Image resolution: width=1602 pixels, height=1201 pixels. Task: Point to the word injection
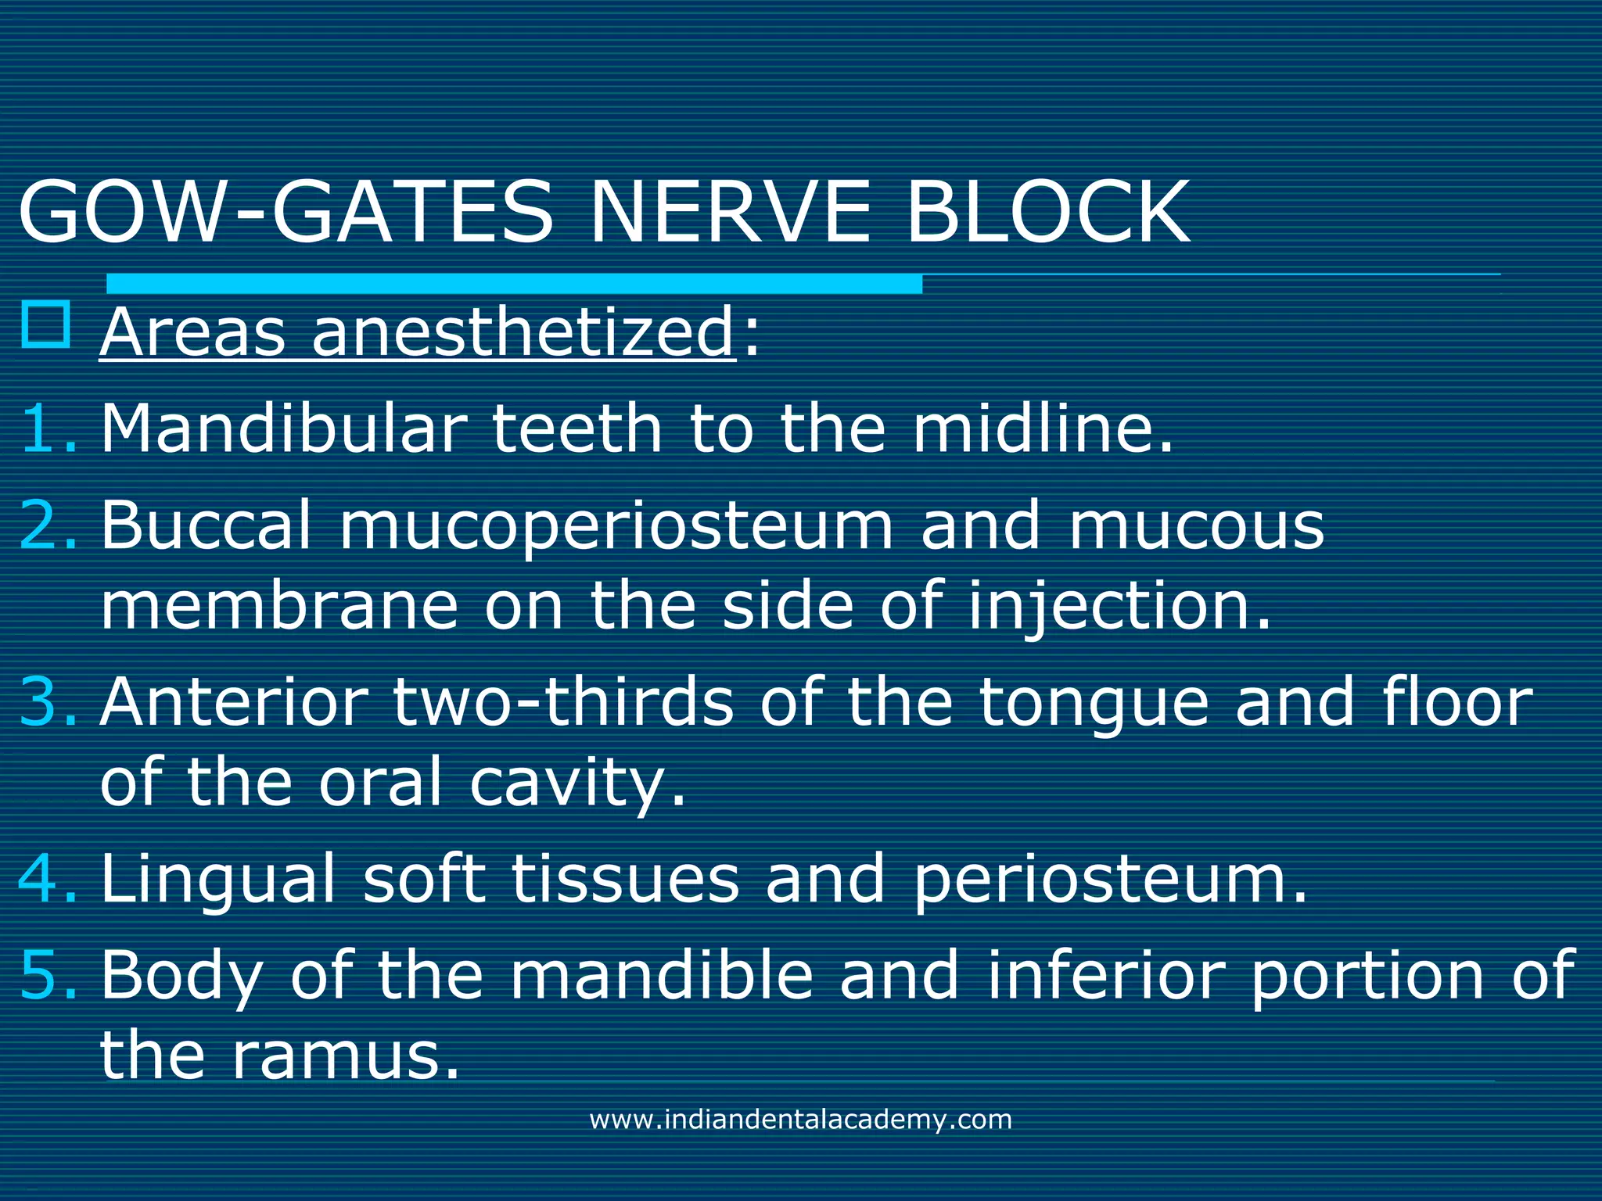coord(1119,606)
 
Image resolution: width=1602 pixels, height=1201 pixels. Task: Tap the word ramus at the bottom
coord(345,1056)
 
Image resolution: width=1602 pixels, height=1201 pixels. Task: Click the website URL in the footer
coord(800,1120)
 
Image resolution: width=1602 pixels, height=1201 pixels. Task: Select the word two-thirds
coord(562,701)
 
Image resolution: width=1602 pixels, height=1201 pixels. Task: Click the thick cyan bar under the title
coord(514,283)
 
